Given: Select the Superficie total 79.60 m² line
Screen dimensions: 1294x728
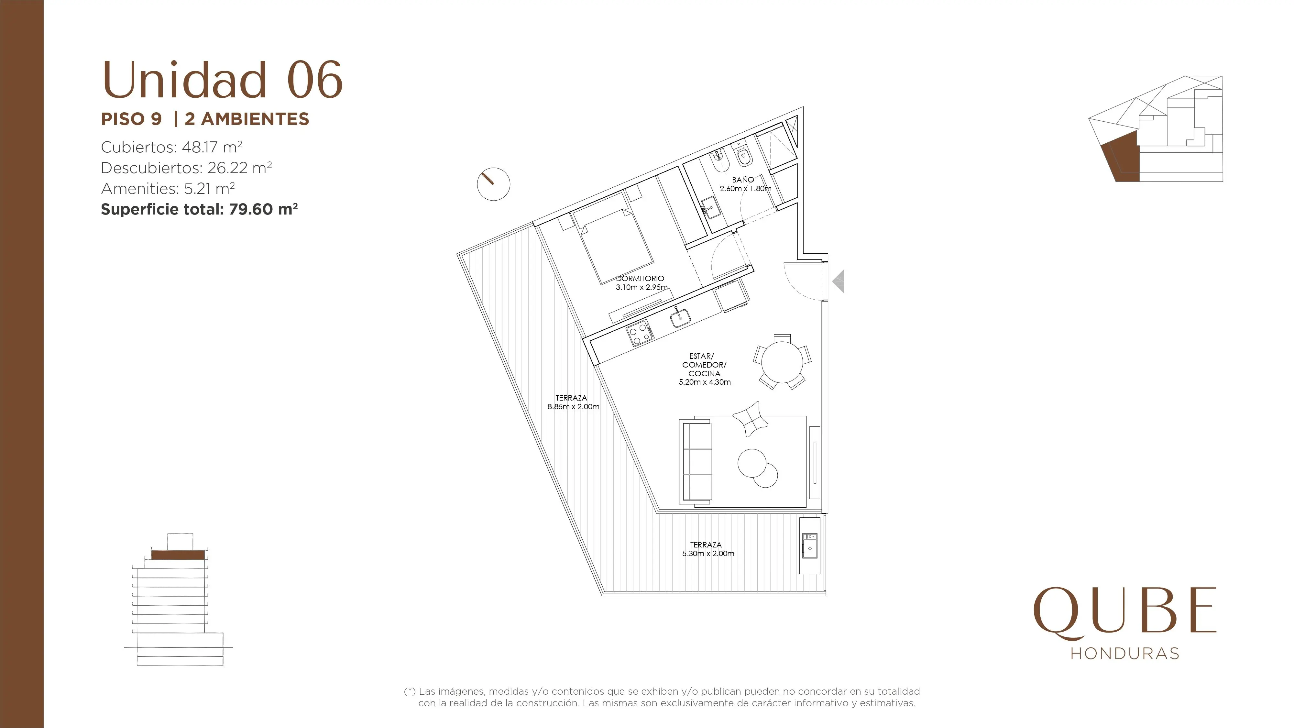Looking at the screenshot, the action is tap(199, 209).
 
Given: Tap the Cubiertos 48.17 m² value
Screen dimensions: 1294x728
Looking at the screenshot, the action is tap(172, 147).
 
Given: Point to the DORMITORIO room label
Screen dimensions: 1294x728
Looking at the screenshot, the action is tap(640, 278).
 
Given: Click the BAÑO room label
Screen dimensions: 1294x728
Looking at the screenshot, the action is tap(743, 179).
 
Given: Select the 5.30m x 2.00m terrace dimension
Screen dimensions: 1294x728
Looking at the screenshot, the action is tap(708, 554).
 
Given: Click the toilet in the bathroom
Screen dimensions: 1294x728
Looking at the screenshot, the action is tap(743, 156).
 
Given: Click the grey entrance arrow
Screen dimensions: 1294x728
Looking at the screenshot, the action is tap(839, 281).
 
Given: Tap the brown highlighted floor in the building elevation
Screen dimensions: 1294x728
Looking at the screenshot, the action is tap(178, 555).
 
